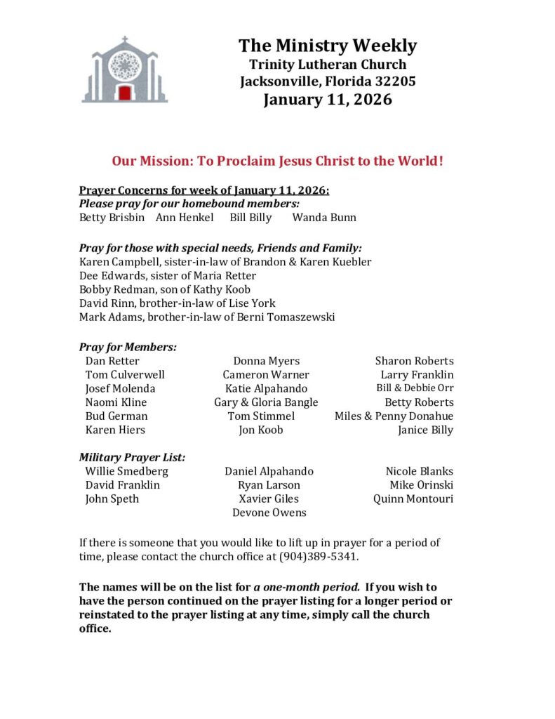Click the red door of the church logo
125,93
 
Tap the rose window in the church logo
125,65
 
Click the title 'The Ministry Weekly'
328,46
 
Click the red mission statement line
278,161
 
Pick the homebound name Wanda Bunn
324,218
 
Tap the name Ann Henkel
185,218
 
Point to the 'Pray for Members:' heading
128,347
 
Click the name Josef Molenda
121,388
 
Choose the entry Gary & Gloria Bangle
266,402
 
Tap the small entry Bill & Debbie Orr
415,388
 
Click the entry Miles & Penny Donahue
394,416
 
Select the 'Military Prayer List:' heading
132,457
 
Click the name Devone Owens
269,513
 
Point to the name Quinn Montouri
413,499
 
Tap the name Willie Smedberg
127,471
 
